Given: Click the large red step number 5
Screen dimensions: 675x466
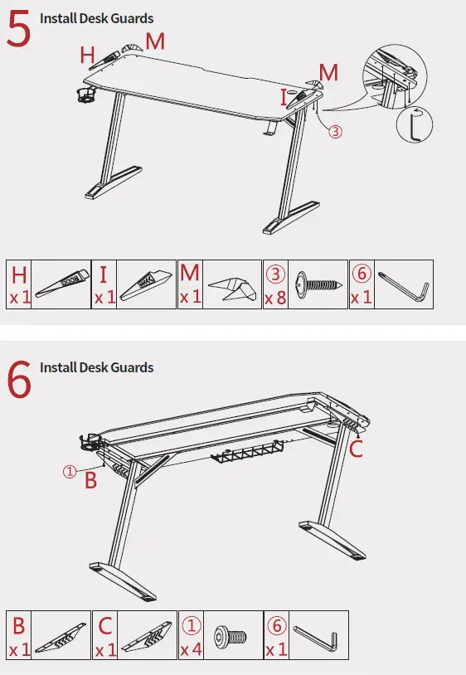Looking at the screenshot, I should pos(20,31).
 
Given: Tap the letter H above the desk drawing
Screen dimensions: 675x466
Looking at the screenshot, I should pos(87,56).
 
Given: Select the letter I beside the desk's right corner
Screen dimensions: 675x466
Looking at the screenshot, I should pos(284,98).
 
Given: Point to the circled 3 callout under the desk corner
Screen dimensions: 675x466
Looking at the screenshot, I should pos(335,131).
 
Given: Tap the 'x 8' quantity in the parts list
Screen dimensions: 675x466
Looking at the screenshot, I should pos(275,298).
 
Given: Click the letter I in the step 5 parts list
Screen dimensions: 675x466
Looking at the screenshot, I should pos(103,274).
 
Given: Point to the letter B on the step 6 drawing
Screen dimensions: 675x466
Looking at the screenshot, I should pos(91,480).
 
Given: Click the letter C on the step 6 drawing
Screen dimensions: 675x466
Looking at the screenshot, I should pos(356,450).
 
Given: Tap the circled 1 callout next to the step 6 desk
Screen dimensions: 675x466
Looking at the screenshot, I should pos(70,472).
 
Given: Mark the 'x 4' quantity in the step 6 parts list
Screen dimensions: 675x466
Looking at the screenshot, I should pos(192,649).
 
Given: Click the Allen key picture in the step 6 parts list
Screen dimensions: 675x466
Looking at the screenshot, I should pos(316,638).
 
